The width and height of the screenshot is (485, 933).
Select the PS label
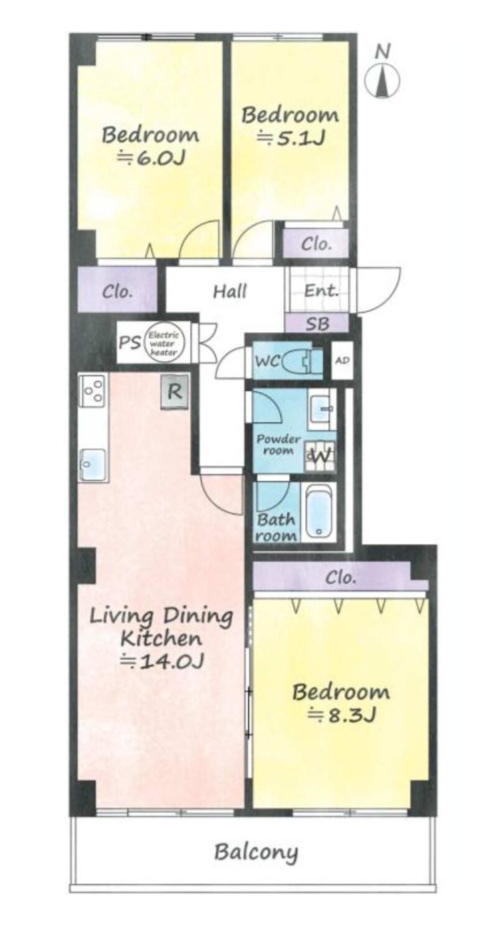129,343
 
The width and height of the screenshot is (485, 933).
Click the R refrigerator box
175,391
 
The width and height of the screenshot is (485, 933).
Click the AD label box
342,360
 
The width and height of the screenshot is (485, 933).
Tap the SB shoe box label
317,323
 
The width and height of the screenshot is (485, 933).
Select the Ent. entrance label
320,290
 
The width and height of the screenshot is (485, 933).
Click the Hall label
230,291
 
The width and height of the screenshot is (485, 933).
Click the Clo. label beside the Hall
117,291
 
